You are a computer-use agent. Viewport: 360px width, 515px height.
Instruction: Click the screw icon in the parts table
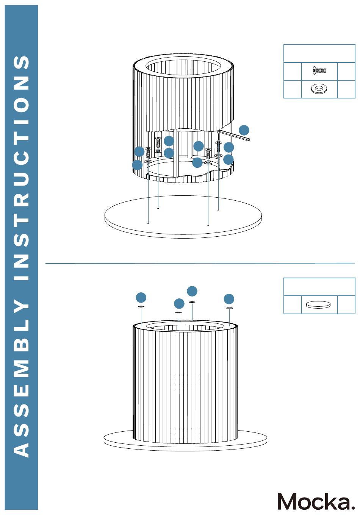coord(319,70)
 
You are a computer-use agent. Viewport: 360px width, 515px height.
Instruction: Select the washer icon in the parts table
coord(319,89)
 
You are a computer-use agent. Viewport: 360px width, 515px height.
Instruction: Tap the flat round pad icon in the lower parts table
coord(318,304)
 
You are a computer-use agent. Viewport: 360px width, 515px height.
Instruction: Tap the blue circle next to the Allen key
coord(244,130)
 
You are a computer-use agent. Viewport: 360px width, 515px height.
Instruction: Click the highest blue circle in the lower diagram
coord(192,291)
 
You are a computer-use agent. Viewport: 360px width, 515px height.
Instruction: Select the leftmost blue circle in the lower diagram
coord(141,297)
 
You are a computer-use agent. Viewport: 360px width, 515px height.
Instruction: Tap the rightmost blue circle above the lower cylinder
coord(229,299)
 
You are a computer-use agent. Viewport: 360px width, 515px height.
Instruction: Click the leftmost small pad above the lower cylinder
coord(141,306)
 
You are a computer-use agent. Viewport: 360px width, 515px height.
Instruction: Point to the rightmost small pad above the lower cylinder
coord(229,308)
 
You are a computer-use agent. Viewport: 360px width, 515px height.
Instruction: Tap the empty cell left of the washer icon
coord(293,89)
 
